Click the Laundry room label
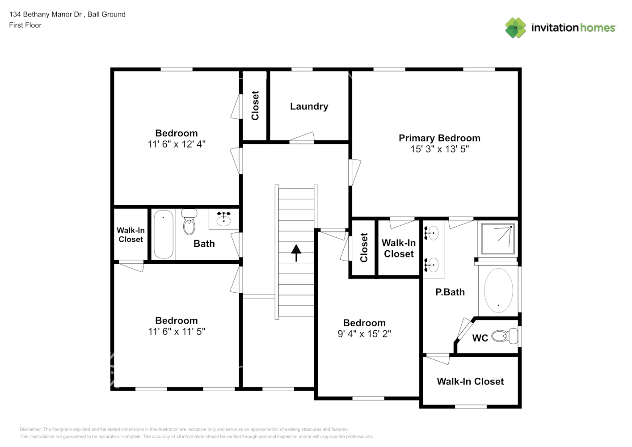point(309,106)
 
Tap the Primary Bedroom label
point(439,138)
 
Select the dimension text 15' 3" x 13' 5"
point(439,149)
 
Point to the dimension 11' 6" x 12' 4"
point(177,144)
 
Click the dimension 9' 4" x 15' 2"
point(364,334)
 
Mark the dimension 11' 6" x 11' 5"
point(177,332)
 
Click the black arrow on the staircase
point(296,253)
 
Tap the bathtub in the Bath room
point(164,234)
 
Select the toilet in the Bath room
point(190,222)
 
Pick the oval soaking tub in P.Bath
point(498,290)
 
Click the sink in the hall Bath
point(223,219)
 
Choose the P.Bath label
point(450,292)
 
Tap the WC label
point(480,338)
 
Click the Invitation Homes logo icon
point(515,28)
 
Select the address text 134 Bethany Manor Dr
point(46,14)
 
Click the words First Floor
point(25,25)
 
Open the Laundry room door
point(302,138)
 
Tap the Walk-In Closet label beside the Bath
point(131,235)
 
